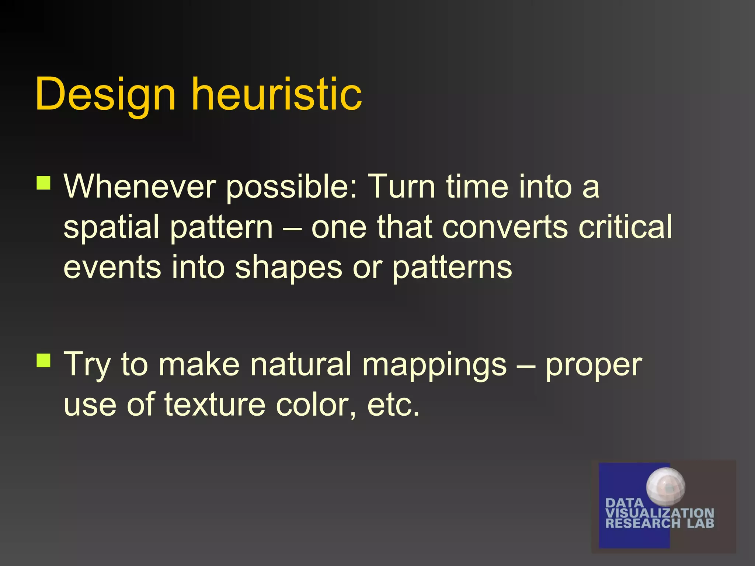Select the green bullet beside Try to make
click(44, 360)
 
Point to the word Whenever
click(140, 186)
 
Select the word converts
click(505, 227)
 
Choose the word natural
click(300, 364)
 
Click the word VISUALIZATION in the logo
click(660, 513)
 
